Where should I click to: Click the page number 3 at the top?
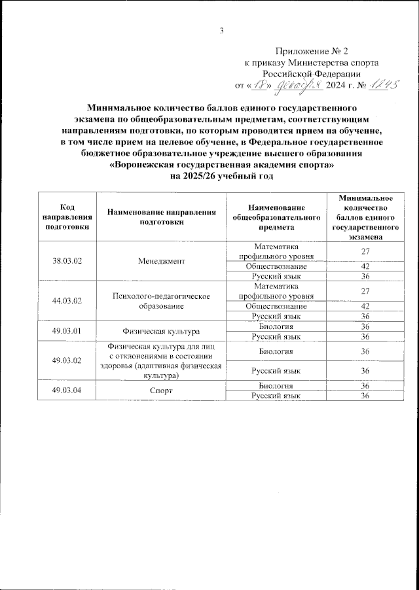[221, 30]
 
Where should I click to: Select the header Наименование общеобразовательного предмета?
[276, 217]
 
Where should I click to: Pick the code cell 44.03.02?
[67, 301]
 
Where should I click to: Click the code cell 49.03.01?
[67, 331]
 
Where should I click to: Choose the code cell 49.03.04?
[67, 390]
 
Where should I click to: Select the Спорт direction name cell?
[162, 390]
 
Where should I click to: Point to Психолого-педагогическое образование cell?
[162, 301]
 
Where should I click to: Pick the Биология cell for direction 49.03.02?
[276, 351]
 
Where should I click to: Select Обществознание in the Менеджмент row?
[276, 266]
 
